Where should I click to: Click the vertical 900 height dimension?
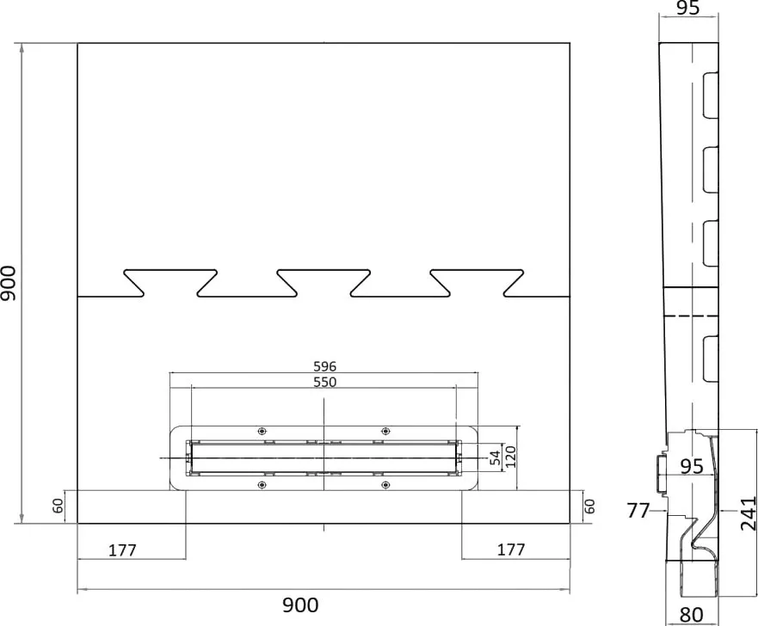click(x=9, y=283)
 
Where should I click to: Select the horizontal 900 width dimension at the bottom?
click(x=300, y=605)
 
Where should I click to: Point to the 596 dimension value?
click(x=325, y=366)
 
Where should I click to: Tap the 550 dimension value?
click(x=325, y=382)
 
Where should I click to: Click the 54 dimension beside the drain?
click(x=495, y=457)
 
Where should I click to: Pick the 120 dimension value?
click(x=510, y=457)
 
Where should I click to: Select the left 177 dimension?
click(x=122, y=550)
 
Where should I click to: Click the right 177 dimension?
click(x=511, y=549)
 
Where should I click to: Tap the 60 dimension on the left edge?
click(x=58, y=506)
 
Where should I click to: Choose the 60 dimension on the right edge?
click(x=589, y=506)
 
